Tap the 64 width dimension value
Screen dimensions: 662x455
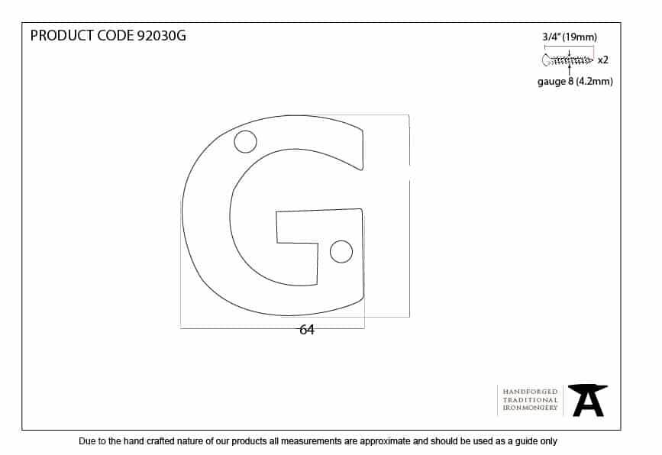pos(307,330)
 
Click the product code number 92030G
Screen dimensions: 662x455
pos(162,35)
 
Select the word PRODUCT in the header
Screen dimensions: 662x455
pos(62,35)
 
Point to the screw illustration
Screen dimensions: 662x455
pos(567,60)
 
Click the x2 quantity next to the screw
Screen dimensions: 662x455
pos(603,60)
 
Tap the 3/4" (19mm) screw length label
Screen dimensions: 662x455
pos(570,37)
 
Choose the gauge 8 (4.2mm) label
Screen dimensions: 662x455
pos(575,81)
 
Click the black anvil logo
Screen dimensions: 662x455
pos(588,400)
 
